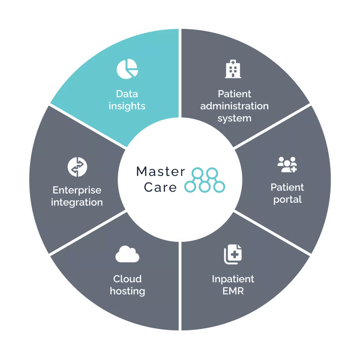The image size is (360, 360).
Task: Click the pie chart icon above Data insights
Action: tap(127, 69)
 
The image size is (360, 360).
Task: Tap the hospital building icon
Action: tap(233, 69)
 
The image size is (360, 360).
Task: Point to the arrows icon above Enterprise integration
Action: tap(77, 167)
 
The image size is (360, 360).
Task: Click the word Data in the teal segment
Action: tap(127, 94)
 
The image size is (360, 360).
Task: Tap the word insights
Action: tap(127, 106)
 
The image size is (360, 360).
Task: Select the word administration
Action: tap(234, 106)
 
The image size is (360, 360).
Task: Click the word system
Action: tap(234, 118)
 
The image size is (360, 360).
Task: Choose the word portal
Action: tap(287, 200)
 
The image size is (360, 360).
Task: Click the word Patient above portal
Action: tap(287, 187)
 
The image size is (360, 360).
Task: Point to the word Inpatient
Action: tap(233, 279)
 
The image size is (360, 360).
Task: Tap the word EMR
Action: tap(233, 291)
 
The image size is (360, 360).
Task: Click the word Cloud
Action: tap(127, 279)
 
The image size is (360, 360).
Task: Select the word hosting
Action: tap(127, 291)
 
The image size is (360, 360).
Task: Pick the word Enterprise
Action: tap(77, 190)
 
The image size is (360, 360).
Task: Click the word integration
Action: tap(77, 202)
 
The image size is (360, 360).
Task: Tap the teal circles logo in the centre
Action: tap(206, 180)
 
